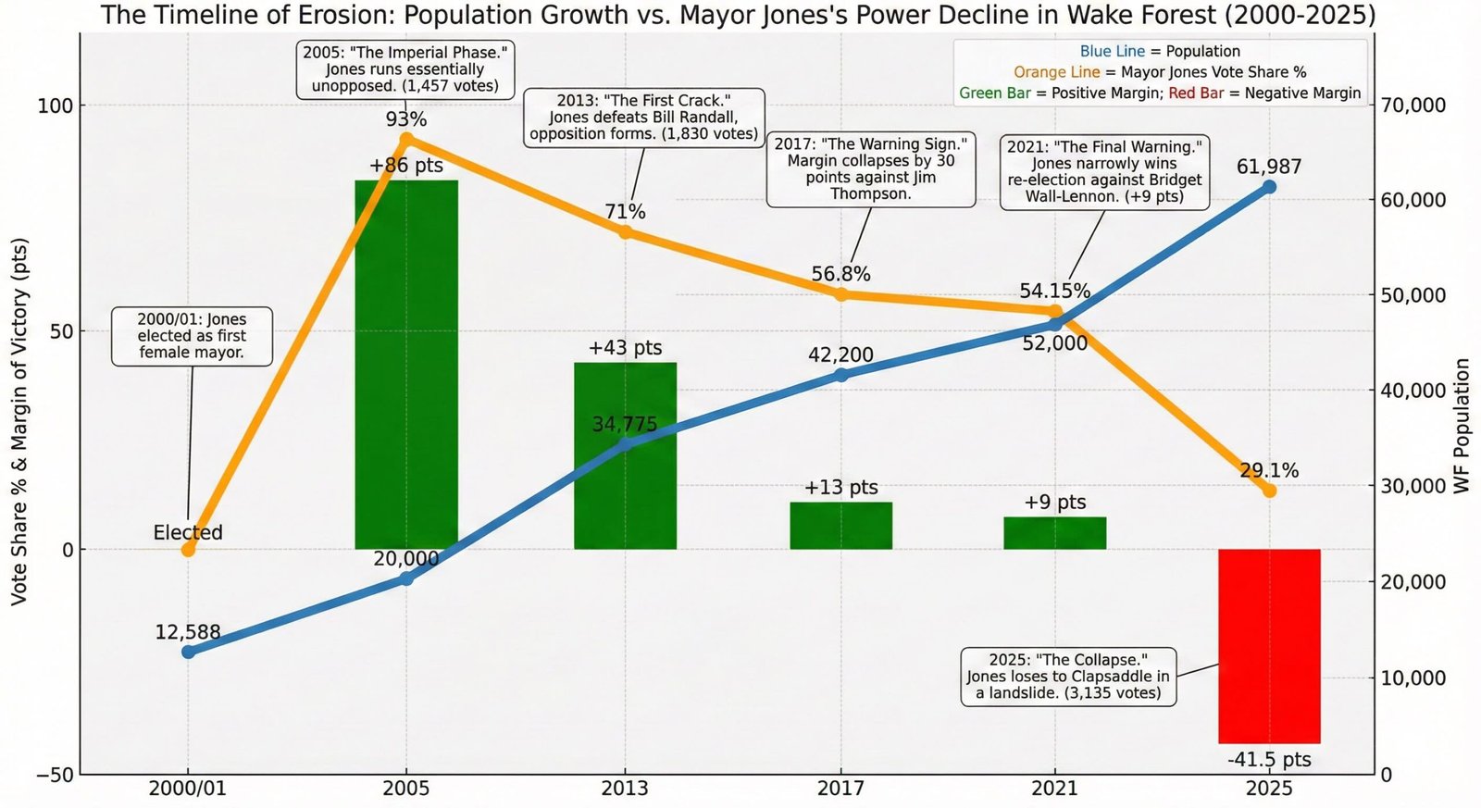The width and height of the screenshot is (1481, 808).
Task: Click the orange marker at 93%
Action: (406, 140)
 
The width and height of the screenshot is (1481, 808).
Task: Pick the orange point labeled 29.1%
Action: (1269, 491)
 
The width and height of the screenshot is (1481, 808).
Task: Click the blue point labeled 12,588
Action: (189, 652)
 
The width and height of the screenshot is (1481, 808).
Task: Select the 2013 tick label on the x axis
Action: (625, 789)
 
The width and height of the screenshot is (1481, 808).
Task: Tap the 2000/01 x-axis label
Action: (189, 789)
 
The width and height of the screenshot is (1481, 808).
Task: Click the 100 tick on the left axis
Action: (56, 106)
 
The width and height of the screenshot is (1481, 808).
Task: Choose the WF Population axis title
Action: (1462, 426)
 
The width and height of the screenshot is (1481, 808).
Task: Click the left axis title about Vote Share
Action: (19, 421)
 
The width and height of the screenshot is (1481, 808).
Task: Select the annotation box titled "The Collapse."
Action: (1068, 677)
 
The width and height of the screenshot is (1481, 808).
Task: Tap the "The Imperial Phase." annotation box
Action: (405, 69)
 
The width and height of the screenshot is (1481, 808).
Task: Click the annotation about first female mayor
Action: (192, 336)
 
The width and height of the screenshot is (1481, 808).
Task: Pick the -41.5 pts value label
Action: (1269, 760)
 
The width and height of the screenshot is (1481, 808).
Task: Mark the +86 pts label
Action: (405, 166)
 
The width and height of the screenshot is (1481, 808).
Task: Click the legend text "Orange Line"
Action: (1056, 72)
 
